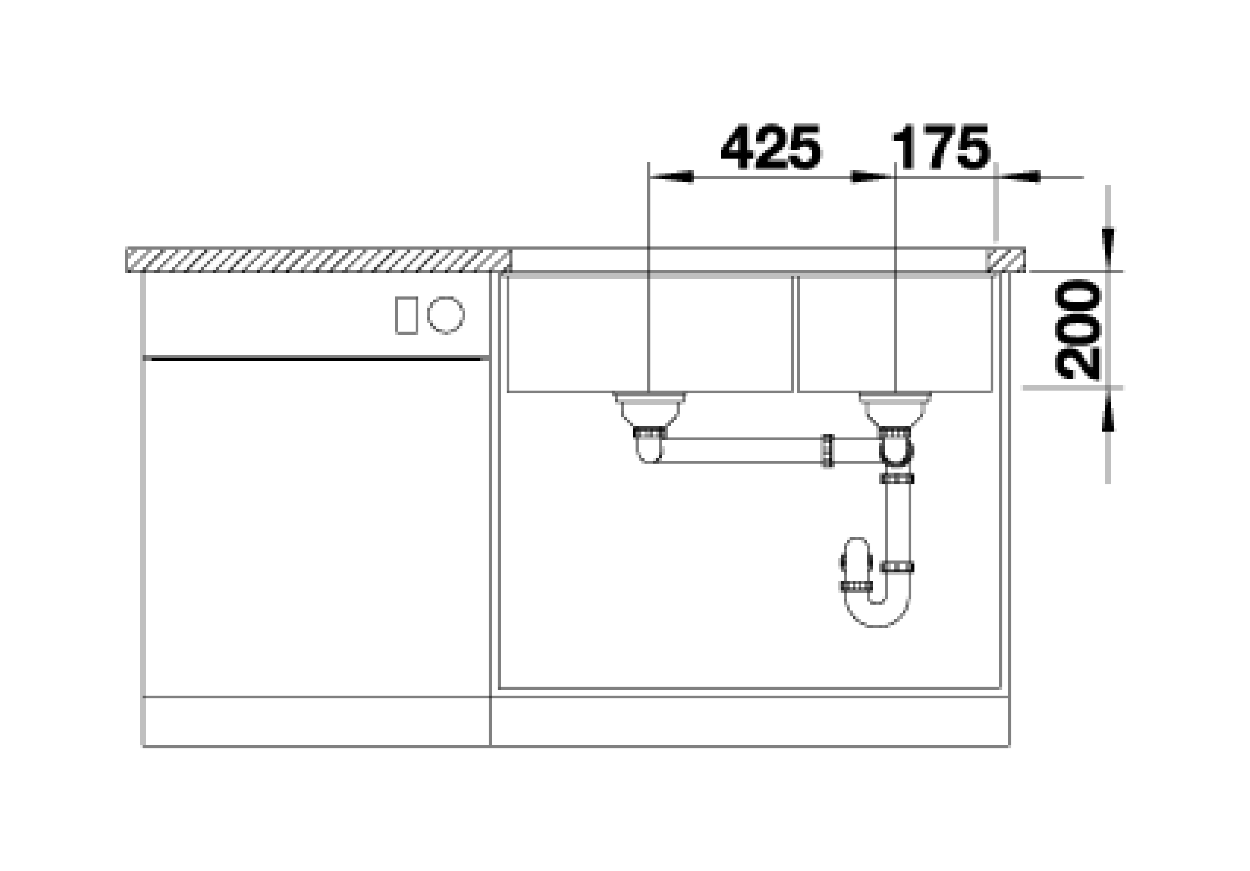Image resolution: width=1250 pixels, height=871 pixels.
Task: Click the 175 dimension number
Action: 940,148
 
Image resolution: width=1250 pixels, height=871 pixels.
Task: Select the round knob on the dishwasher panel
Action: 445,315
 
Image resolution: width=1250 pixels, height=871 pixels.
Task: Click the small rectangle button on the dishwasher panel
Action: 406,315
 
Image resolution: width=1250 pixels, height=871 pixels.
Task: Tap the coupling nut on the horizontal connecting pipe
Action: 827,450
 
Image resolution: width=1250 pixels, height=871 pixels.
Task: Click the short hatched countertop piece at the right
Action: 1005,260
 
